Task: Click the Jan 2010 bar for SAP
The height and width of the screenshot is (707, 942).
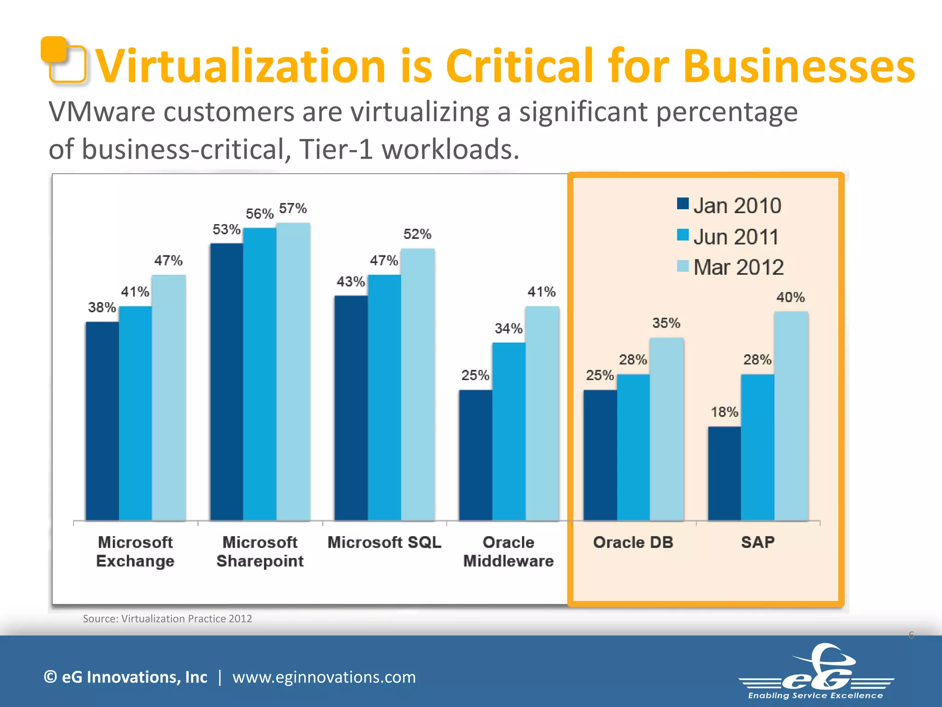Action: click(724, 474)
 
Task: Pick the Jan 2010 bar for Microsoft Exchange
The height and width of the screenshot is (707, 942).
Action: click(102, 421)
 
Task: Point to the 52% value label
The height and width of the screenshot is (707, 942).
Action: click(417, 234)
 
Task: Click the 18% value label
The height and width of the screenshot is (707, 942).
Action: click(724, 412)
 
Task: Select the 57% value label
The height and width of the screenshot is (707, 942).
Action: click(293, 209)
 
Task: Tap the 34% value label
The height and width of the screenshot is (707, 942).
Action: click(508, 329)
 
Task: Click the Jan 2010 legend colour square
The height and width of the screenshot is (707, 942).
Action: click(683, 203)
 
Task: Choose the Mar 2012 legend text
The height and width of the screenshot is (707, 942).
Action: click(738, 267)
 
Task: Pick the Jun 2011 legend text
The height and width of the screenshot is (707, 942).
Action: click(736, 237)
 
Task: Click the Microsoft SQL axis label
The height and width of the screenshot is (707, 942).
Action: click(384, 542)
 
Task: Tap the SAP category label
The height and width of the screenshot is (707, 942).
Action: click(758, 542)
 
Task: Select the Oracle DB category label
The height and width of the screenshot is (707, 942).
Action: click(633, 542)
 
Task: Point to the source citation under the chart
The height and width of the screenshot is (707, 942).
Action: click(167, 619)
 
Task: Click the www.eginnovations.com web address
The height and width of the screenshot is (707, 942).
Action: click(324, 677)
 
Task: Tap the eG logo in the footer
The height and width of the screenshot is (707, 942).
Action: click(817, 672)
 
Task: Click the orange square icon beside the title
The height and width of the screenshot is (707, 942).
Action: click(63, 60)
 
